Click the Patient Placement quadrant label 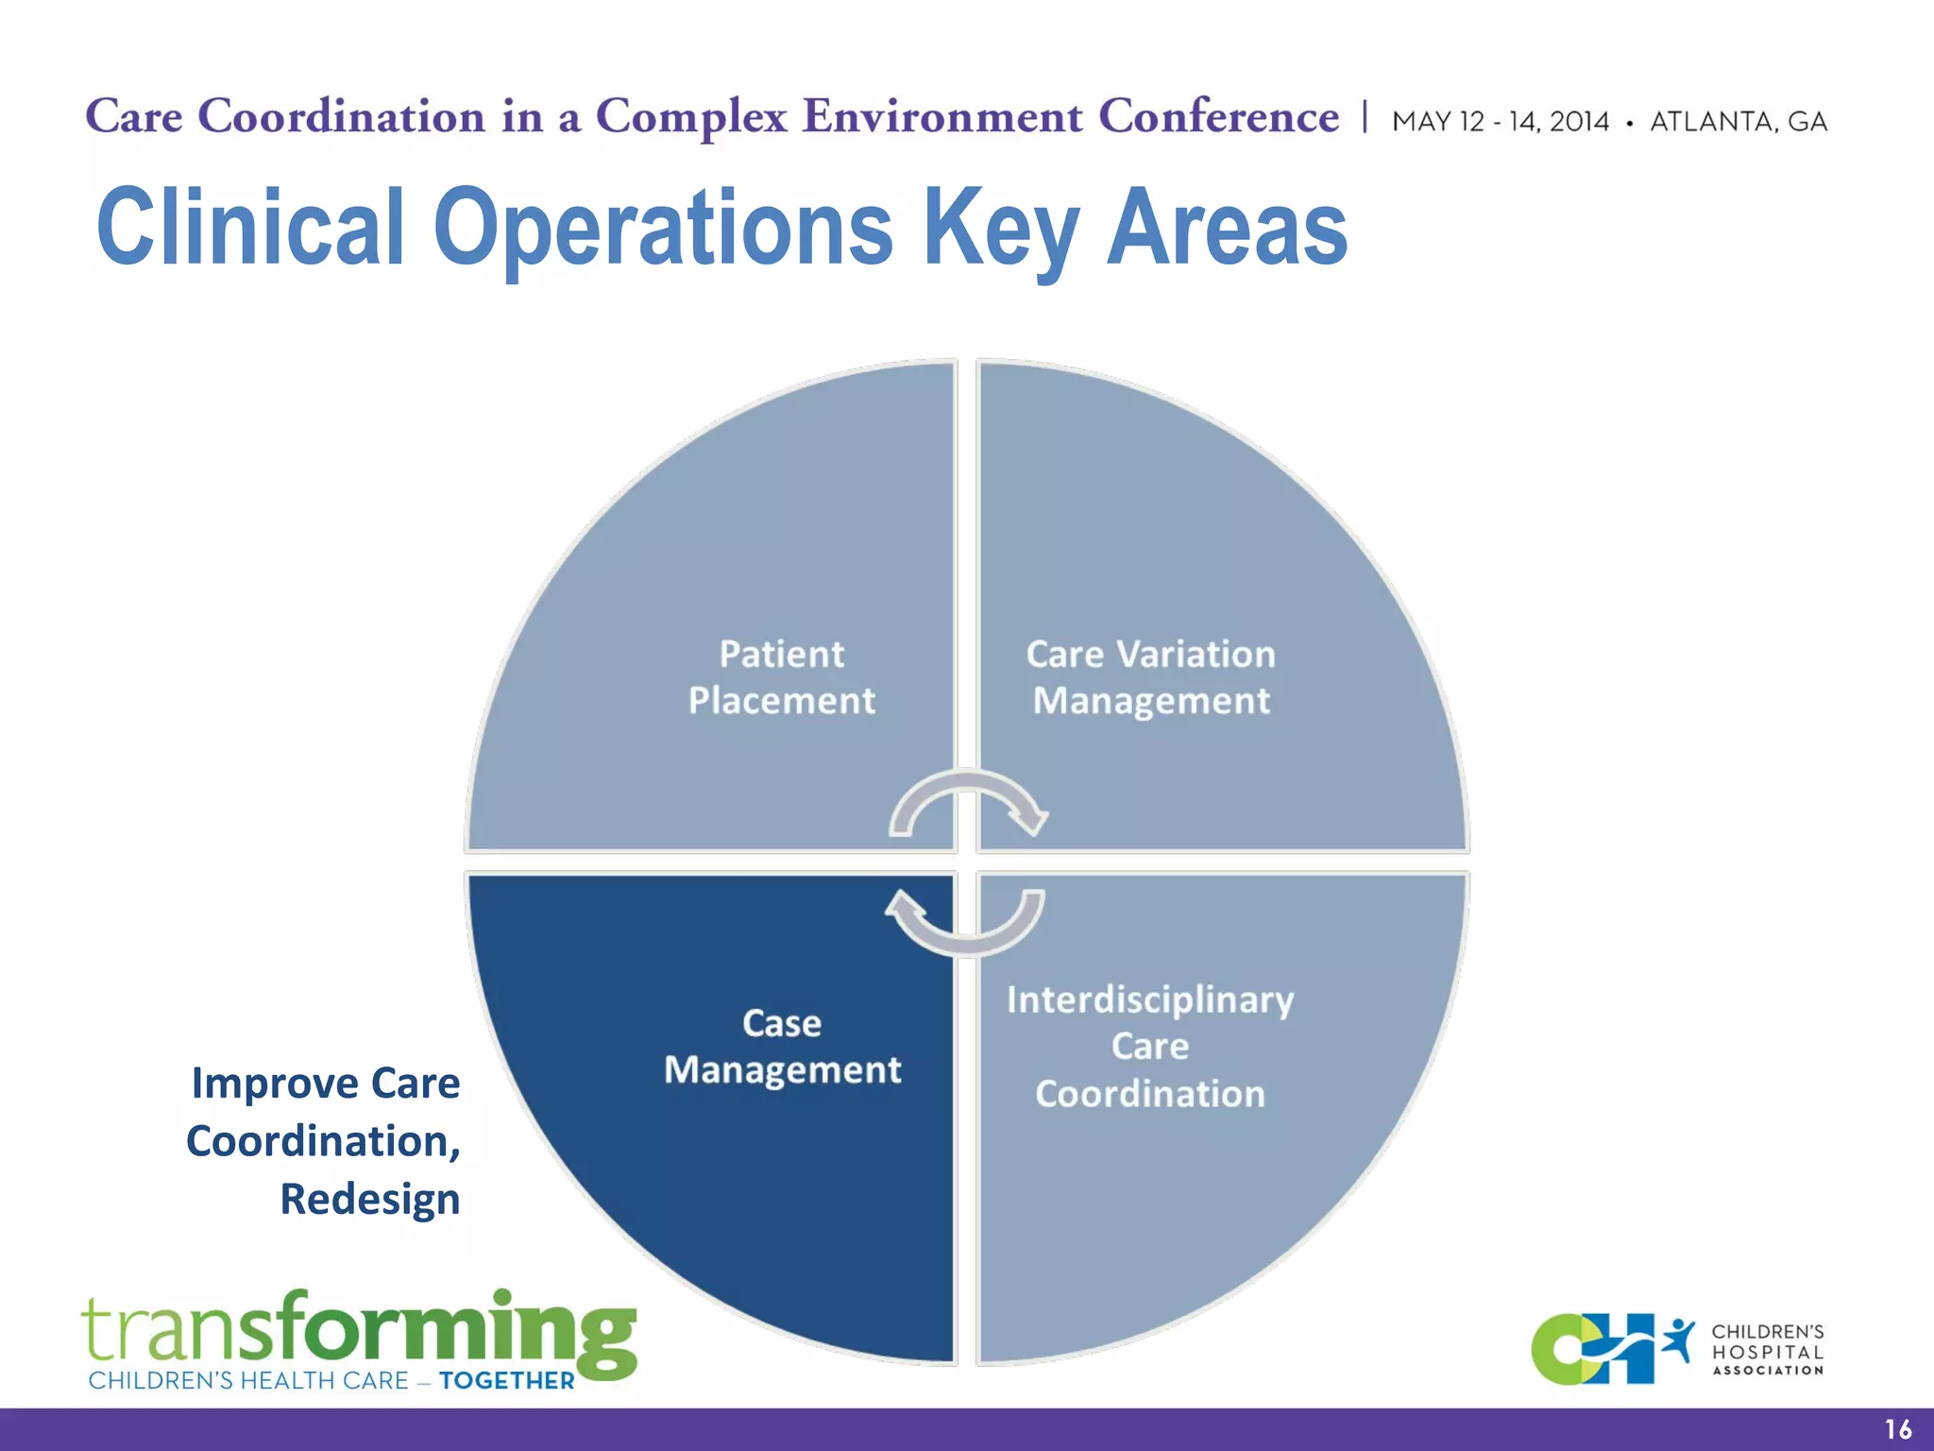[782, 677]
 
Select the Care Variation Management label [1150, 677]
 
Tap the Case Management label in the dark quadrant [782, 1047]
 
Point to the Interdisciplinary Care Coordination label [1150, 1047]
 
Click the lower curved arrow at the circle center [965, 921]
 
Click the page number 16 [1897, 1429]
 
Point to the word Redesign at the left [370, 1200]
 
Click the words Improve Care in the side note [326, 1083]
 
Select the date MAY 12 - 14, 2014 [1500, 122]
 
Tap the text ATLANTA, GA [1739, 122]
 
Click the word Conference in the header [1218, 117]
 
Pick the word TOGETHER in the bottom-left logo [507, 1381]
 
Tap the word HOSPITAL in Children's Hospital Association [1768, 1352]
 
